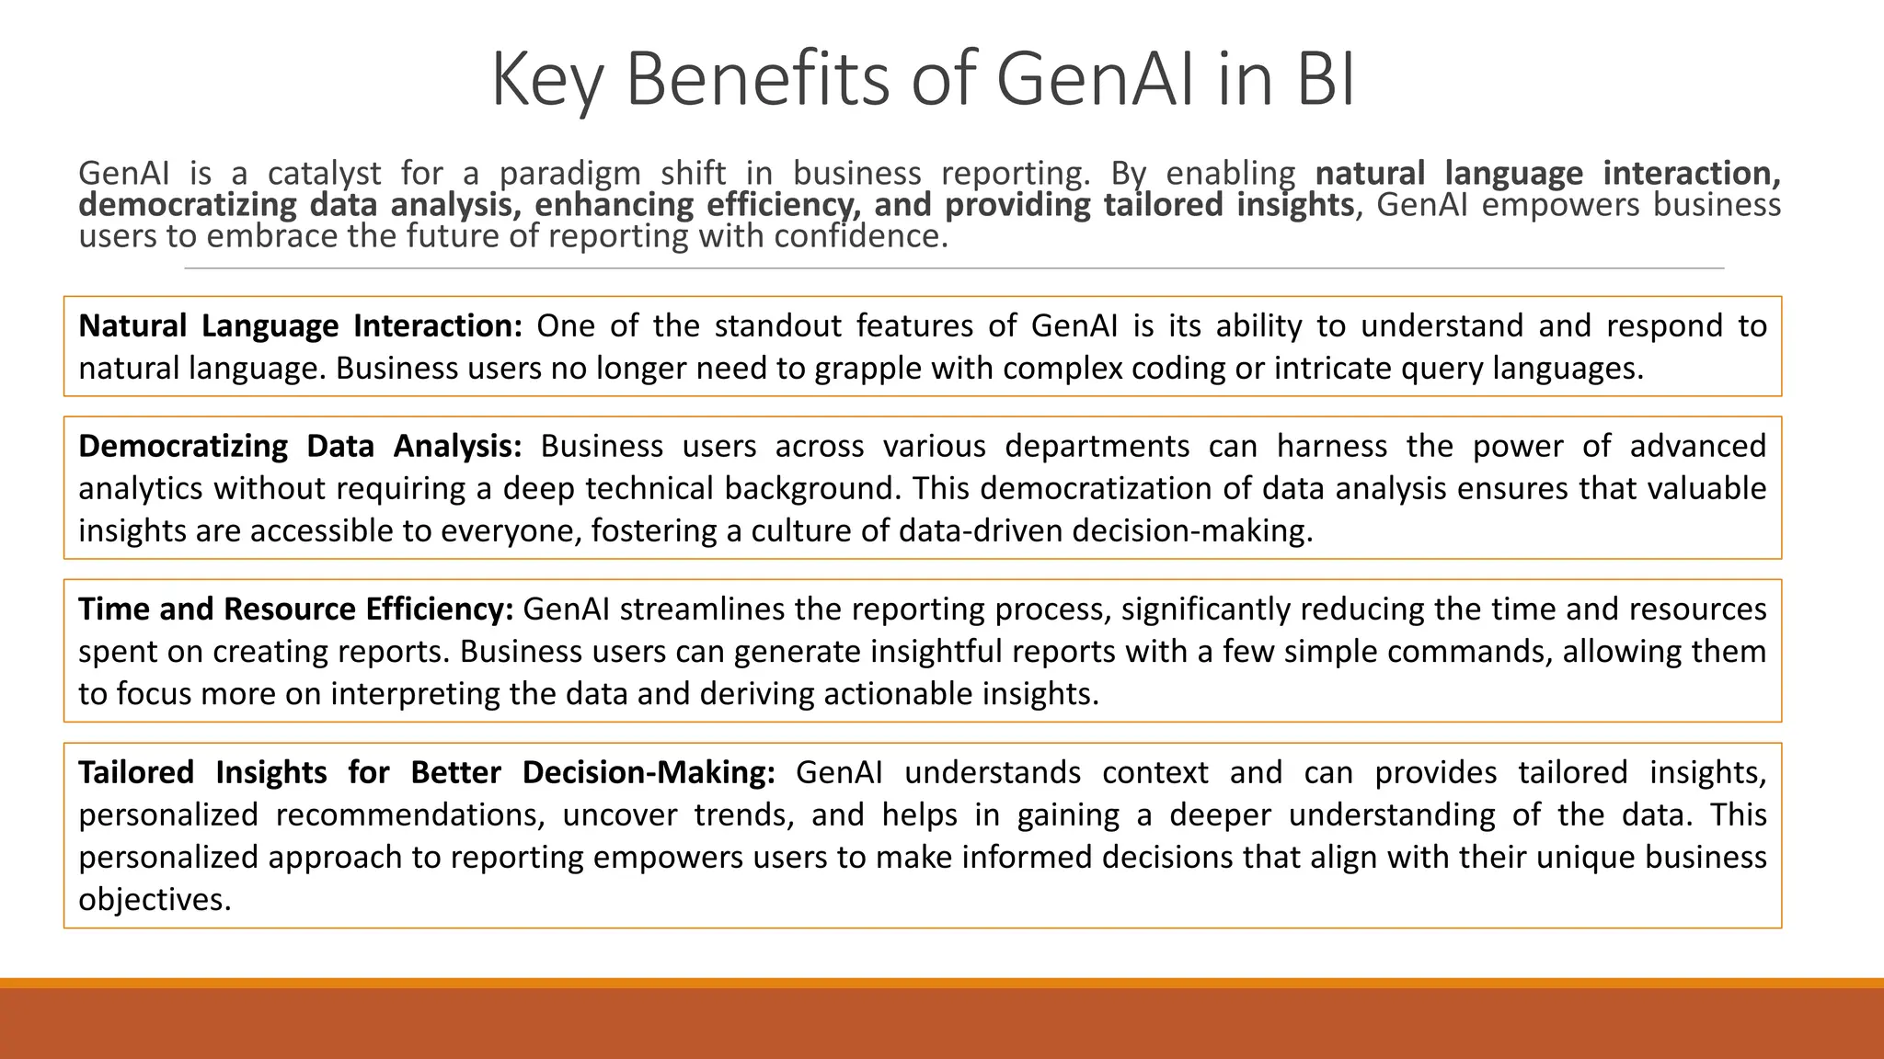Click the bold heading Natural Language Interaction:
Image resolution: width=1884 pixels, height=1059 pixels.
[x=300, y=325]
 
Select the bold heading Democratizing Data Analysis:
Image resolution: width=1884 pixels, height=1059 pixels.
[x=300, y=446]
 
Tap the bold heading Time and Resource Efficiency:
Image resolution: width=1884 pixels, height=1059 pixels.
[x=295, y=609]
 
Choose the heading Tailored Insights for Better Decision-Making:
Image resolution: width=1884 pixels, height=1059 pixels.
[x=427, y=772]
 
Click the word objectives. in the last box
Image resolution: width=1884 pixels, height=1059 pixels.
[x=155, y=899]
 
